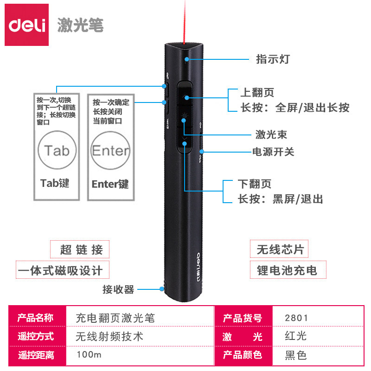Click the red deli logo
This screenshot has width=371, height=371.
(26, 25)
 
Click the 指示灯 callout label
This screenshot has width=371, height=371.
(273, 59)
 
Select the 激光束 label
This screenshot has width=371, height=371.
(271, 134)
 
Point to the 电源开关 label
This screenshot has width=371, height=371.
(273, 152)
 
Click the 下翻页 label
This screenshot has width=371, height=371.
(254, 184)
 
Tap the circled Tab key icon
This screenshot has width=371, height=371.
(57, 150)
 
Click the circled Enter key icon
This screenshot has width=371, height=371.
(110, 150)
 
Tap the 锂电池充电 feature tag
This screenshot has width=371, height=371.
(287, 270)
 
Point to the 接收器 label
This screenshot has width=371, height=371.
(118, 290)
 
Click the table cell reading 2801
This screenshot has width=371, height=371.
(297, 318)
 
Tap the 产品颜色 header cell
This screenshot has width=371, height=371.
(242, 355)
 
